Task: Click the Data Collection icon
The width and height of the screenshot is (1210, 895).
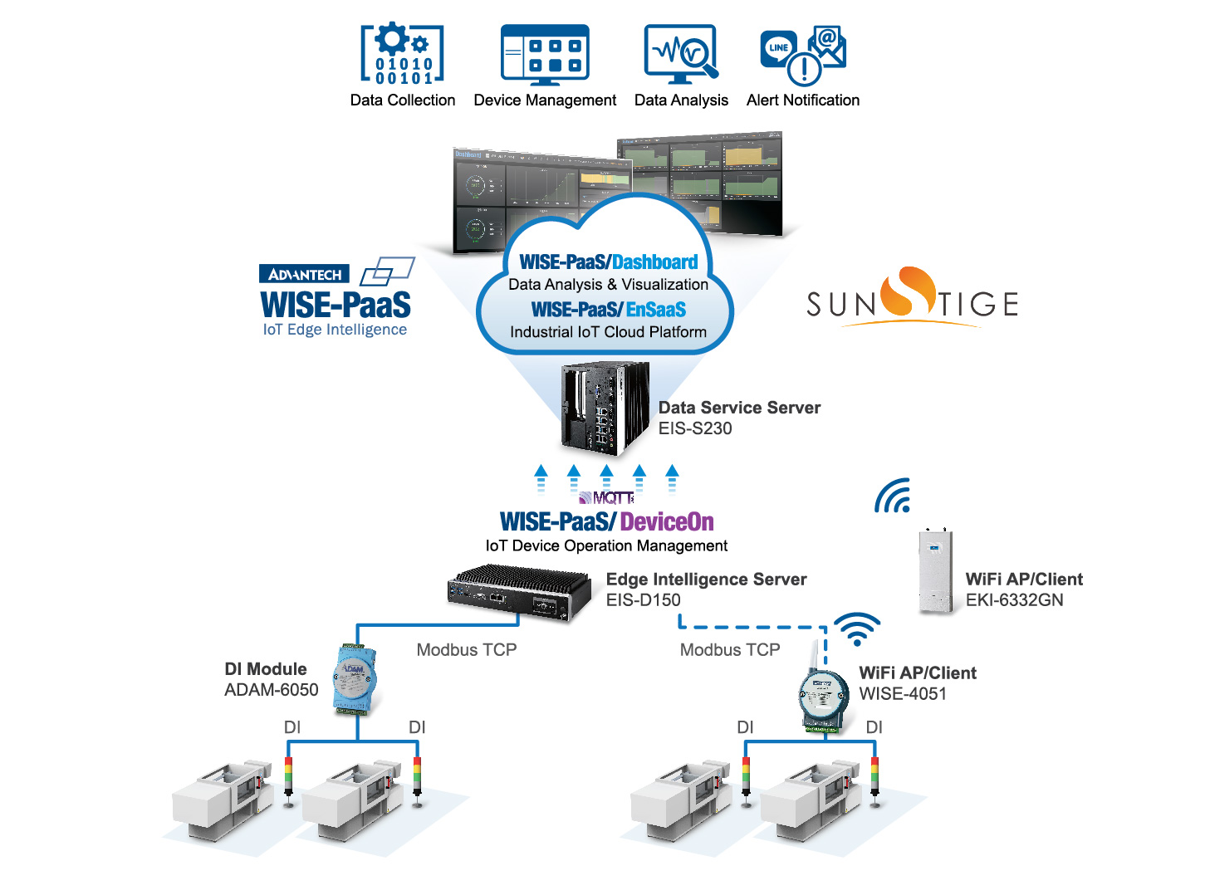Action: (402, 55)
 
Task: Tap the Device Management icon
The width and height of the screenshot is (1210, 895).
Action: (545, 55)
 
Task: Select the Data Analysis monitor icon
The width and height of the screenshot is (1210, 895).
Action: (681, 55)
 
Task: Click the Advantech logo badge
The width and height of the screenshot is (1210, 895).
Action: (304, 274)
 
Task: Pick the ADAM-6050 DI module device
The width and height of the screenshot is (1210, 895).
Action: (355, 679)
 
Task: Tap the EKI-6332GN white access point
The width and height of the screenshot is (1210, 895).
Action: (935, 571)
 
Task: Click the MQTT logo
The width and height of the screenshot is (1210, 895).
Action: (607, 498)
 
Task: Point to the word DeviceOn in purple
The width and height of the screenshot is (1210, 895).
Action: (667, 522)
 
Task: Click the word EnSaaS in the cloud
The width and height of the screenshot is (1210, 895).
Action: (656, 310)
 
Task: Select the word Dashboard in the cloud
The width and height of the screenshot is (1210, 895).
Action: (655, 262)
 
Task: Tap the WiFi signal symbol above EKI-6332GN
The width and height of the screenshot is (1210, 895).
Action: (894, 496)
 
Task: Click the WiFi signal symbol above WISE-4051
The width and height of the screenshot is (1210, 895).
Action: (856, 628)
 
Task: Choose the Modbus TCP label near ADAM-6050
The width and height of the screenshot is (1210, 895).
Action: (466, 650)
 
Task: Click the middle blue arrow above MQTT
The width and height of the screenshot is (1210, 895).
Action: (606, 477)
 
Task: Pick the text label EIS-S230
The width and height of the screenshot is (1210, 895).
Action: (695, 428)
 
